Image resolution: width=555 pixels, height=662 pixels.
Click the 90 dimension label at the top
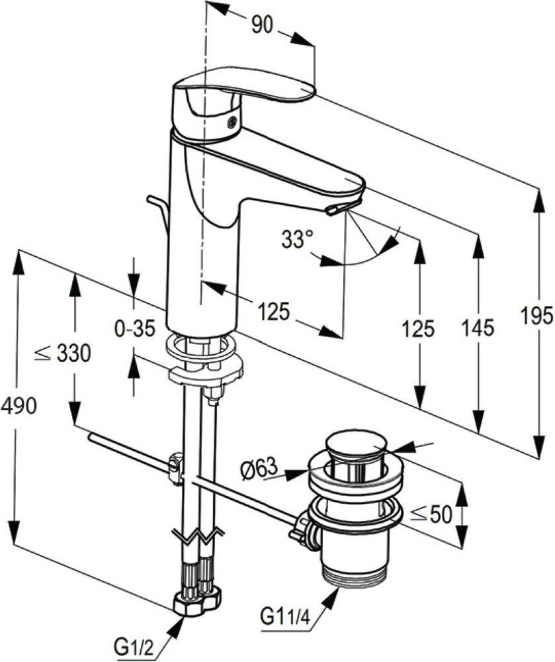[x=262, y=26]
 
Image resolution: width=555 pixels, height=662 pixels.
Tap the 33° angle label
[x=297, y=240]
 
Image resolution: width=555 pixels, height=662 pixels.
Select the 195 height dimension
[x=536, y=315]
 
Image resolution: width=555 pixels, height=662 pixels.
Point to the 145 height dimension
[x=478, y=328]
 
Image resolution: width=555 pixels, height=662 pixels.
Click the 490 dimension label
[x=19, y=406]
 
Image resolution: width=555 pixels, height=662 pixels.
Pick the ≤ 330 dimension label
[x=62, y=353]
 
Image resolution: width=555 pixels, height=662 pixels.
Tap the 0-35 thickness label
[x=135, y=328]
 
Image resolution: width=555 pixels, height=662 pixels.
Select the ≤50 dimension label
[x=431, y=514]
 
